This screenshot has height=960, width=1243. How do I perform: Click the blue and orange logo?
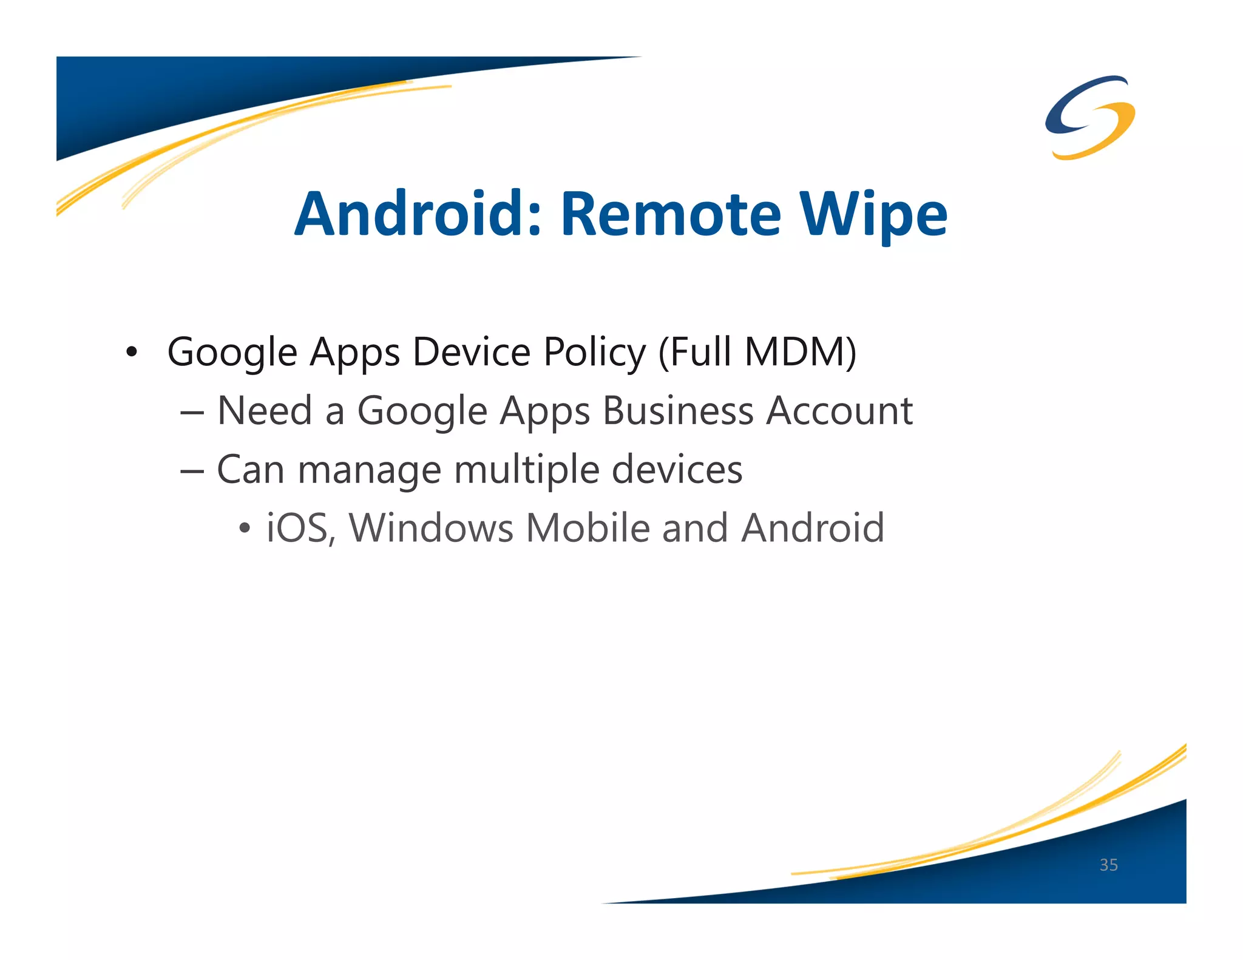pos(1090,117)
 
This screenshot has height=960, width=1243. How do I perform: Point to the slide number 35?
pos(1108,865)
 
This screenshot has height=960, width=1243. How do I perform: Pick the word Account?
pos(839,411)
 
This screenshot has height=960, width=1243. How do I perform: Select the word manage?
pos(369,470)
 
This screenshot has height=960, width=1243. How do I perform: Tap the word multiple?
pos(526,470)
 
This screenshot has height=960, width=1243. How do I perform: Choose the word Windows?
pos(432,528)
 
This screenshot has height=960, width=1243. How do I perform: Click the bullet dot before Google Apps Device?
pos(131,353)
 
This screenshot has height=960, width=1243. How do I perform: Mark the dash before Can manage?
pos(192,470)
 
